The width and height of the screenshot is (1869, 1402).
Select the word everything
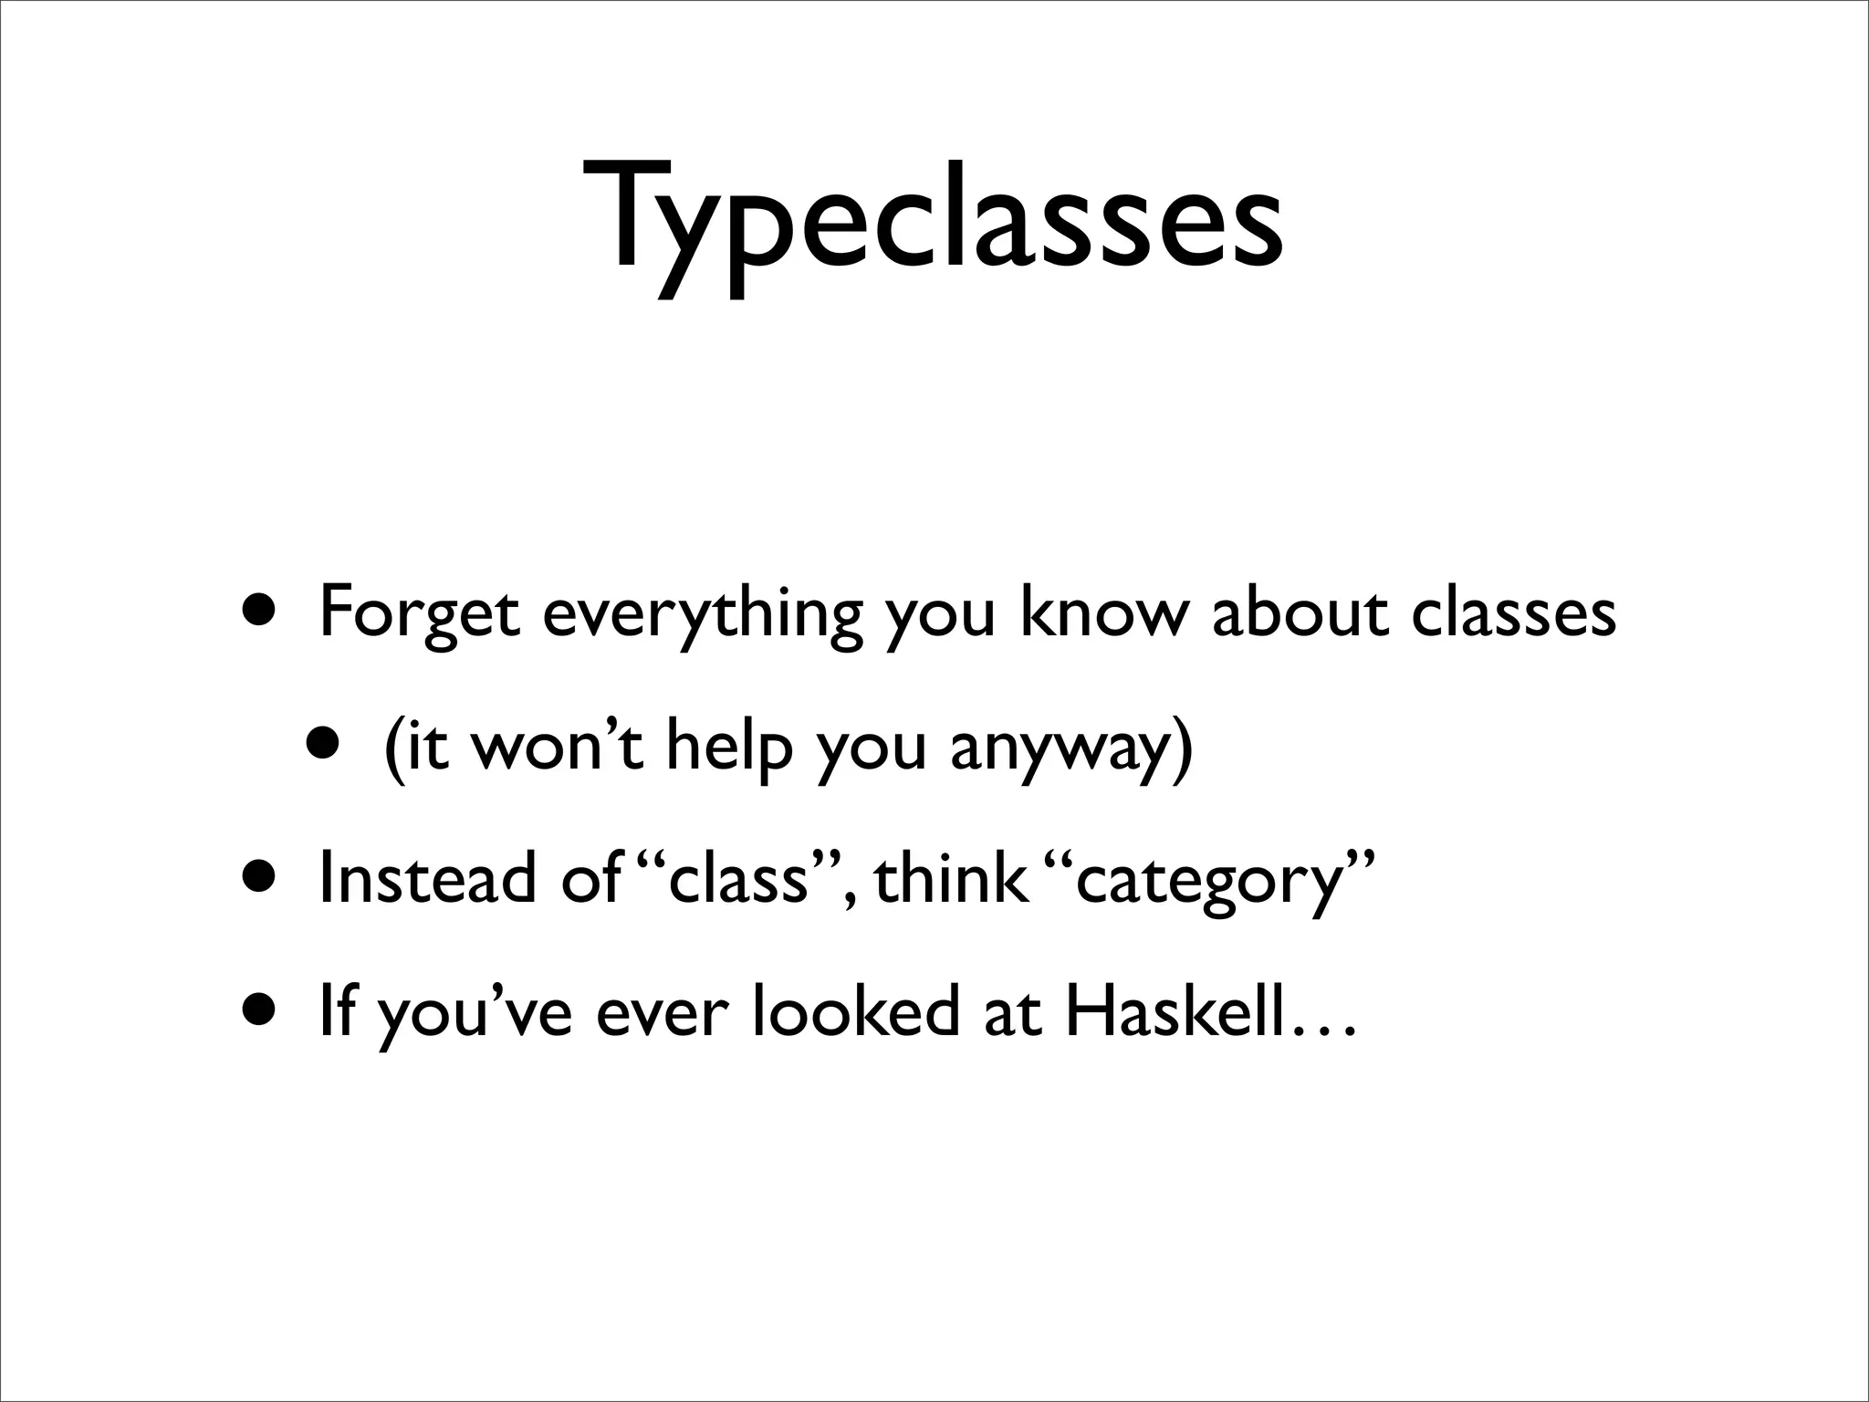point(701,614)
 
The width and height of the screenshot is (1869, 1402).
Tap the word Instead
point(427,877)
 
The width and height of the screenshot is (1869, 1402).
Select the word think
point(949,877)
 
